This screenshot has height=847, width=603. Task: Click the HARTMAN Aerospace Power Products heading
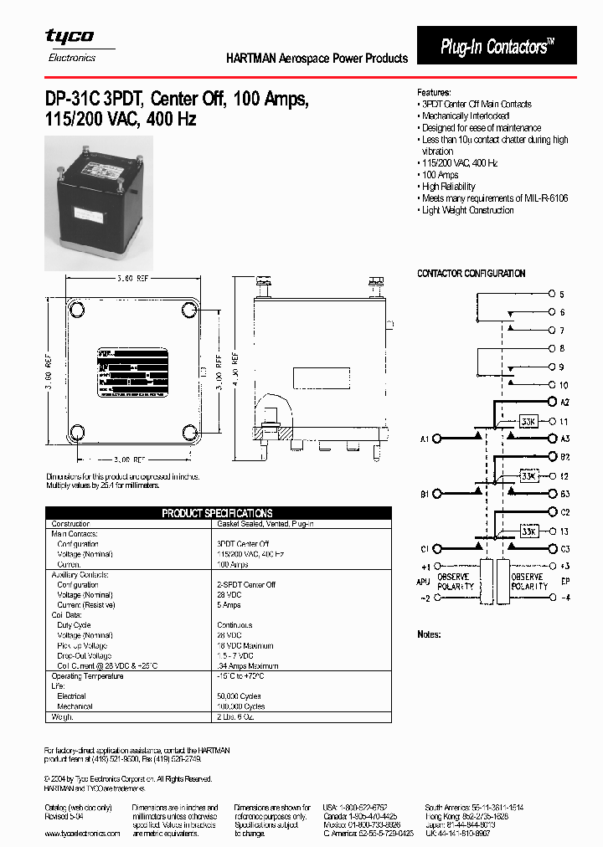[x=317, y=59]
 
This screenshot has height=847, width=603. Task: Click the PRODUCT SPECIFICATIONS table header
[x=217, y=513]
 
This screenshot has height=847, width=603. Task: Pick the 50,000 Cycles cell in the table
[x=240, y=696]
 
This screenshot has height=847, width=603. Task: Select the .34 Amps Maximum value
[x=248, y=665]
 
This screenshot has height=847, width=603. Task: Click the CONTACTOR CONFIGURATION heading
[x=472, y=274]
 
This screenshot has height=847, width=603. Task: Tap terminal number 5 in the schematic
[x=562, y=295]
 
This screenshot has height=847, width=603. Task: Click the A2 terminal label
[x=564, y=403]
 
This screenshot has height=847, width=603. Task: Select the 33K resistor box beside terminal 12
[x=528, y=476]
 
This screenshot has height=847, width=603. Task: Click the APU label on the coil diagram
[x=424, y=581]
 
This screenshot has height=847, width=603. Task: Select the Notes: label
[x=429, y=634]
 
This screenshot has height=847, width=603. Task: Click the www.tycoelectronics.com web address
[x=81, y=834]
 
